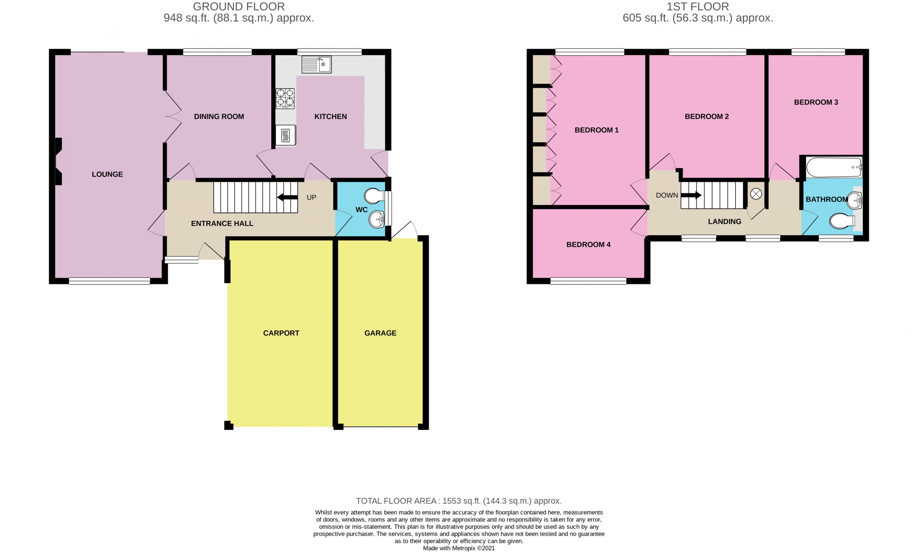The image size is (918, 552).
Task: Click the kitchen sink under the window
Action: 316,65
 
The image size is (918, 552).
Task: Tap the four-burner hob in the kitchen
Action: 285,99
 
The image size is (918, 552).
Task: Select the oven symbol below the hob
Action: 285,135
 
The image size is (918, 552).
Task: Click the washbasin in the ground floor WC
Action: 377,220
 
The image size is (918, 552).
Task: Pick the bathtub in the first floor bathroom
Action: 834,168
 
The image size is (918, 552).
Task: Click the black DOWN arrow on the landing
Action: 691,195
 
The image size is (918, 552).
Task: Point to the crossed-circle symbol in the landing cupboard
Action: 756,194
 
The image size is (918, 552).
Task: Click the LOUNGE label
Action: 107,174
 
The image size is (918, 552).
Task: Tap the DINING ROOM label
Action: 219,116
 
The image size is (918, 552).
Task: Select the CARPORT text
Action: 281,333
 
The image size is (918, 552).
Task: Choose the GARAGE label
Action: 380,333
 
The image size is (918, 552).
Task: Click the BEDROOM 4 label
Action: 588,244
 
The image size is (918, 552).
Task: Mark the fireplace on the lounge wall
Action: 59,162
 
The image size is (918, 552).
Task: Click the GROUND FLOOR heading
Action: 238,6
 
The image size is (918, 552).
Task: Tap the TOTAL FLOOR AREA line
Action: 459,501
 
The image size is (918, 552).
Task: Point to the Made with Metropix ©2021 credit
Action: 459,548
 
